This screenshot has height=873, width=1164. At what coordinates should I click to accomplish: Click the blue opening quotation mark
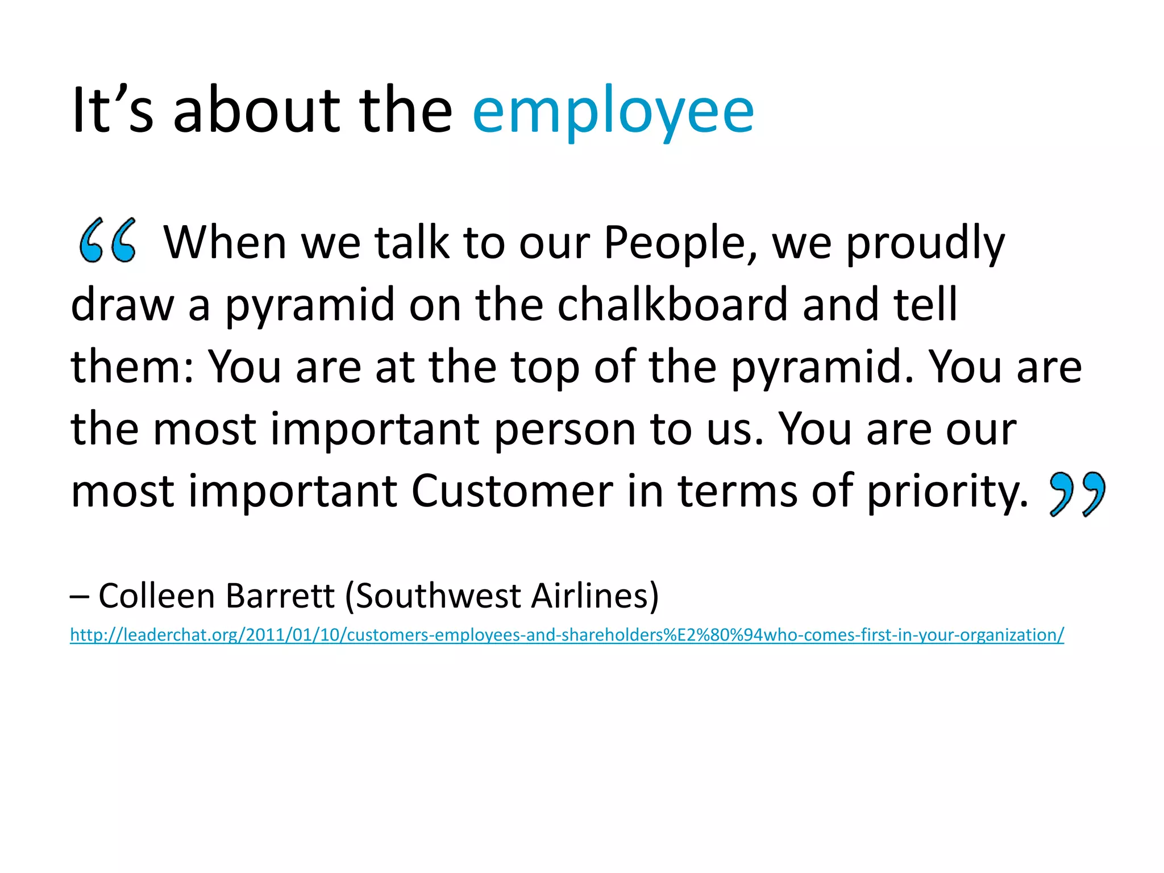click(x=108, y=240)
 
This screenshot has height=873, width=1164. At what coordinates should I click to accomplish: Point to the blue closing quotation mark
click(x=1078, y=493)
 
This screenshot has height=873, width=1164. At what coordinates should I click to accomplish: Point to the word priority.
click(x=947, y=492)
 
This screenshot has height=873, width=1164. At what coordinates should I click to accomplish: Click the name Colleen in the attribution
click(x=157, y=596)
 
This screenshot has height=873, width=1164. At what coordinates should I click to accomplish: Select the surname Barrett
click(x=280, y=596)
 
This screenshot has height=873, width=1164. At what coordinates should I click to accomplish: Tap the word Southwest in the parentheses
click(x=438, y=596)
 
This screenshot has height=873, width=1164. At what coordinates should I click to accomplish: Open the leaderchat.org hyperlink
click(x=567, y=635)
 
